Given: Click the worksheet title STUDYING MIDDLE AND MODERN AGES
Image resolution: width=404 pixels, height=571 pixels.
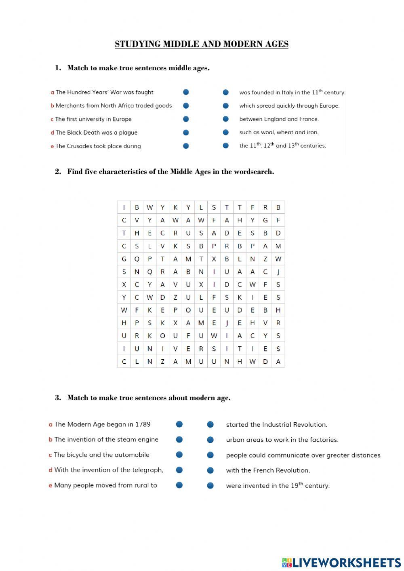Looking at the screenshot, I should pos(202,44).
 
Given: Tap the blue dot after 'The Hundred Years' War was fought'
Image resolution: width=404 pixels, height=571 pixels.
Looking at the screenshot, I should pos(186,92).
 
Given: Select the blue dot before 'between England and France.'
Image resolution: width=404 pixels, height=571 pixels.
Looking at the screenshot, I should pos(226,119).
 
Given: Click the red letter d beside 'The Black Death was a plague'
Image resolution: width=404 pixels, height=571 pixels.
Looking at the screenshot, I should pos(52,133).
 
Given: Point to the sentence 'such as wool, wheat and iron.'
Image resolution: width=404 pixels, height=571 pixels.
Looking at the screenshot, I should pos(279,132).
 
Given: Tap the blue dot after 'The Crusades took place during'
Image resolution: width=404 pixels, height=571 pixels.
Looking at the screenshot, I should pos(186,146).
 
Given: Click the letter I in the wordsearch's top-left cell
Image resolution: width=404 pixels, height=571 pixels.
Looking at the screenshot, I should pos(124,207).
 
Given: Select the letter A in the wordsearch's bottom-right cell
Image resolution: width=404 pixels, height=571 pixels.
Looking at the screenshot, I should pos(278,362).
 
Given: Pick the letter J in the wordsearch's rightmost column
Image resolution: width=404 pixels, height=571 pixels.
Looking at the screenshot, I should pos(278,272).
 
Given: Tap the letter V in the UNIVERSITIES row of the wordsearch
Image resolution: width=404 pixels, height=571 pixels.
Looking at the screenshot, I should pos(175,349).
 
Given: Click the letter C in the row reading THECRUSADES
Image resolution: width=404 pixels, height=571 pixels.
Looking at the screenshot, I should pos(162,233).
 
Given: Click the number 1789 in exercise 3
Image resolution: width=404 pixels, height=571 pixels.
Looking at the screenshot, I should pos(143,424).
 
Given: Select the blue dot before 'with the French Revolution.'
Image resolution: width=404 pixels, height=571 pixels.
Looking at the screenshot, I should pos(210,470).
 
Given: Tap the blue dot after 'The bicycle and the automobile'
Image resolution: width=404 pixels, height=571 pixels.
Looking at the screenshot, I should pos(179,455).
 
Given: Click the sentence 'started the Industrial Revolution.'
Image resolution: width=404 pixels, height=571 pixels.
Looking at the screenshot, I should pos(276,425).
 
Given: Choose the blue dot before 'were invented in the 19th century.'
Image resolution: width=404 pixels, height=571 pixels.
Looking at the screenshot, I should pos(210,485).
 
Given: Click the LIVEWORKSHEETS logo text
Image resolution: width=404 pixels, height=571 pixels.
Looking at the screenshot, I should pos(346,562).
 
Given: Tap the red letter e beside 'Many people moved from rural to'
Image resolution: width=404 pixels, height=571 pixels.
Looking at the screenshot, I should pos(50,486).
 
